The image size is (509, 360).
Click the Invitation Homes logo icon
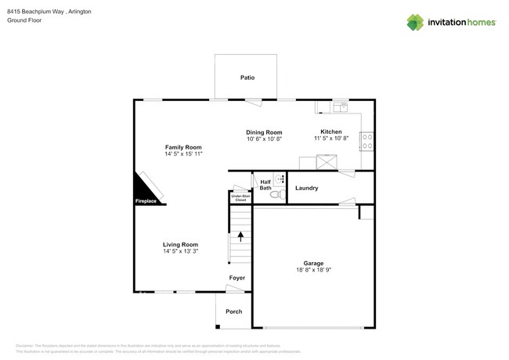pos(415,22)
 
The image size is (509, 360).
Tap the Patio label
pos(247,77)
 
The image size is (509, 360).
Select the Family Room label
pos(183,147)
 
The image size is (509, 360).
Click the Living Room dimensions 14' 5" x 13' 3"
pos(180,251)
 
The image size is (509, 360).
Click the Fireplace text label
pos(146,201)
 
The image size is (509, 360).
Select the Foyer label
pos(236,278)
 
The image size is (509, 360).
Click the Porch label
pos(233,311)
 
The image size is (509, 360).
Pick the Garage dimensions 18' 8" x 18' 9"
pos(313,270)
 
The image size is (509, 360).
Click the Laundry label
pos(306,188)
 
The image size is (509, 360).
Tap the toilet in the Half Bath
pos(278,194)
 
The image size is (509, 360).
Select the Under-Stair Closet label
pos(239,198)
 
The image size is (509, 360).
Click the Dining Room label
pos(264,132)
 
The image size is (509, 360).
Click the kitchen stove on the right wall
pos(366,141)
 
